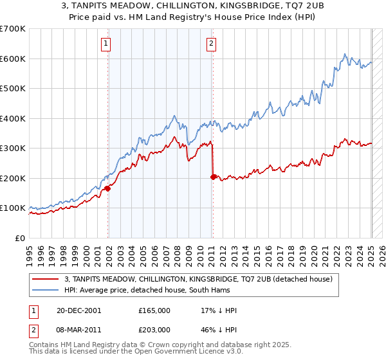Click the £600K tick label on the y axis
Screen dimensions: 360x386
click(x=12, y=59)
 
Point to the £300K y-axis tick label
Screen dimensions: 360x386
click(x=12, y=148)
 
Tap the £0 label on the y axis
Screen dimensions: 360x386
click(x=20, y=238)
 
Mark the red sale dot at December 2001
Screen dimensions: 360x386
click(x=108, y=188)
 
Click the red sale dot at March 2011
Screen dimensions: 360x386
click(x=213, y=177)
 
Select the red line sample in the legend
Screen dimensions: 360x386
click(x=46, y=279)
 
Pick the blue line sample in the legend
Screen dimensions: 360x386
click(x=46, y=290)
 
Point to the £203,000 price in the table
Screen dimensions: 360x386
click(x=154, y=329)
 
